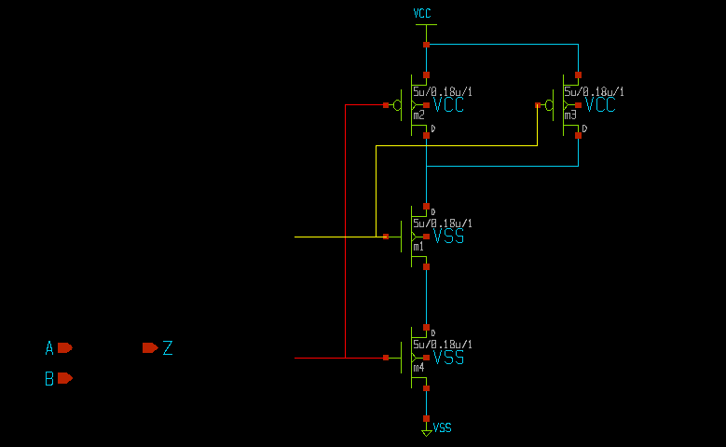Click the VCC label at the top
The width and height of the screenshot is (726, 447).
pyautogui.click(x=422, y=14)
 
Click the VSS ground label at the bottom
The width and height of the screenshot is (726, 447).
pyautogui.click(x=443, y=427)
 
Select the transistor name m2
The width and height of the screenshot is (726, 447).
pyautogui.click(x=418, y=115)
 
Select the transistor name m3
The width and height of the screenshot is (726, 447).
pyautogui.click(x=570, y=115)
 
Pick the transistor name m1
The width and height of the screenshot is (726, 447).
pyautogui.click(x=418, y=247)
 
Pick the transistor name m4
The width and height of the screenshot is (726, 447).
pyautogui.click(x=418, y=368)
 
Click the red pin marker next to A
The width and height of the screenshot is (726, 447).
pyautogui.click(x=64, y=347)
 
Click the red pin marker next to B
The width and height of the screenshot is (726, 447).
pyautogui.click(x=64, y=378)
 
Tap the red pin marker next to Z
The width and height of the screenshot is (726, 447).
pyautogui.click(x=149, y=347)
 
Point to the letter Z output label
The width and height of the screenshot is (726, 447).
pyautogui.click(x=168, y=348)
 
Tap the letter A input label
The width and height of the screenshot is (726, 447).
pyautogui.click(x=49, y=348)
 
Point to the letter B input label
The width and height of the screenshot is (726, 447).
pyautogui.click(x=49, y=379)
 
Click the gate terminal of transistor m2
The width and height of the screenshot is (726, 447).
pyautogui.click(x=386, y=105)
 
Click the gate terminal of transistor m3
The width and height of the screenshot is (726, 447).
pyautogui.click(x=538, y=105)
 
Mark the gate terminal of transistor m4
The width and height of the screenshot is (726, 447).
pyautogui.click(x=386, y=358)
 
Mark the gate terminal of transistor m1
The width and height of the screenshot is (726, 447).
pyautogui.click(x=386, y=237)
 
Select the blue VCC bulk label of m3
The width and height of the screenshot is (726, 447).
pyautogui.click(x=600, y=105)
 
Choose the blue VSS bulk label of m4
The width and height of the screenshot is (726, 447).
pyautogui.click(x=448, y=358)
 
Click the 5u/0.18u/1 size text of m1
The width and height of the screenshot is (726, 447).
pyautogui.click(x=443, y=223)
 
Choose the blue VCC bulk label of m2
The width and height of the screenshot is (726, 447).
pyautogui.click(x=448, y=105)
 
